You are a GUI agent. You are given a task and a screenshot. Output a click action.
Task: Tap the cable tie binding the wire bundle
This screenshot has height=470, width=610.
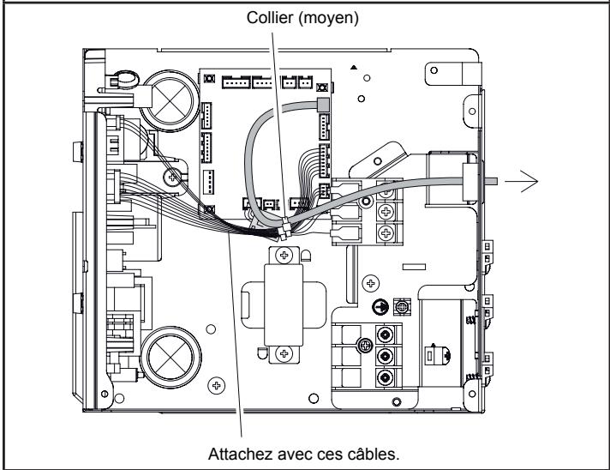(283, 230)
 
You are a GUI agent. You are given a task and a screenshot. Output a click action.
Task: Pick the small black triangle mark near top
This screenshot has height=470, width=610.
(353, 66)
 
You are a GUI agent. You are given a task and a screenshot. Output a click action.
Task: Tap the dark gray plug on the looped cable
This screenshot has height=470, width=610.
(324, 104)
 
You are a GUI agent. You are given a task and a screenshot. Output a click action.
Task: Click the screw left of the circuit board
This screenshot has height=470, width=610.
(174, 178)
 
